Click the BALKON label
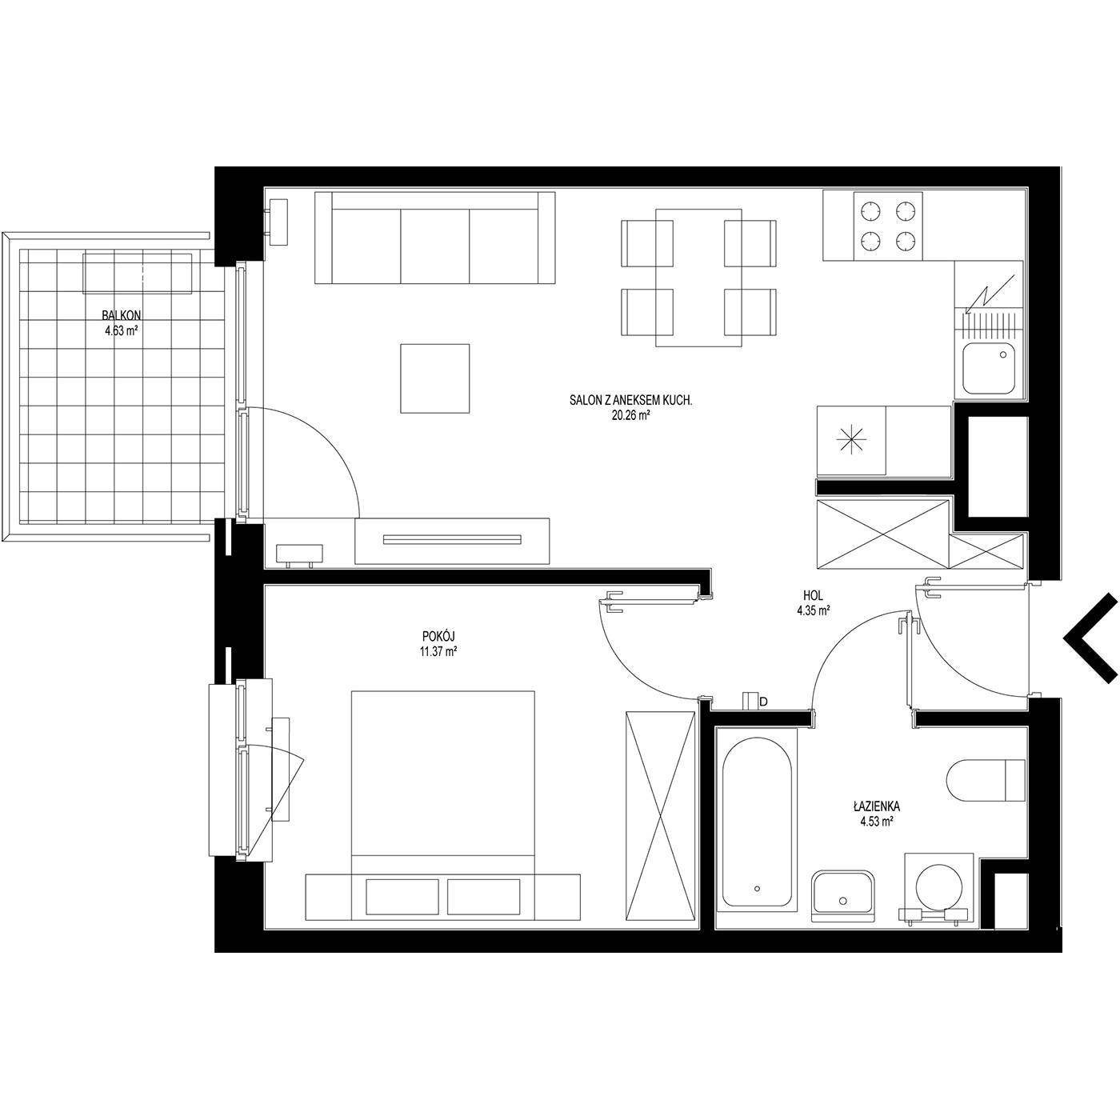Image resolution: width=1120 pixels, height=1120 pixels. (122, 315)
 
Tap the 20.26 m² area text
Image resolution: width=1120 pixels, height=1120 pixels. (630, 415)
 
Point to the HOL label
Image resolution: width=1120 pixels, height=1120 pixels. (813, 596)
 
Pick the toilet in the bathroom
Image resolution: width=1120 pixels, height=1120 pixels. (986, 780)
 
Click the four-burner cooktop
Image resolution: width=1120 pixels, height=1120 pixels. (887, 226)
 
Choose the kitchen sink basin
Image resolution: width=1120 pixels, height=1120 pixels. (989, 367)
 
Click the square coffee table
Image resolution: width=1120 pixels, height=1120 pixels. (434, 378)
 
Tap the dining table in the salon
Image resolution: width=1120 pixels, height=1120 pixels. (698, 278)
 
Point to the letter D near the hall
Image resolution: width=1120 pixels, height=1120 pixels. (764, 702)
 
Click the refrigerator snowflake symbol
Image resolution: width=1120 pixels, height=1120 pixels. (851, 440)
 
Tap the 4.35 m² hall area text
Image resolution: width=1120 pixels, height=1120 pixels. (813, 611)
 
